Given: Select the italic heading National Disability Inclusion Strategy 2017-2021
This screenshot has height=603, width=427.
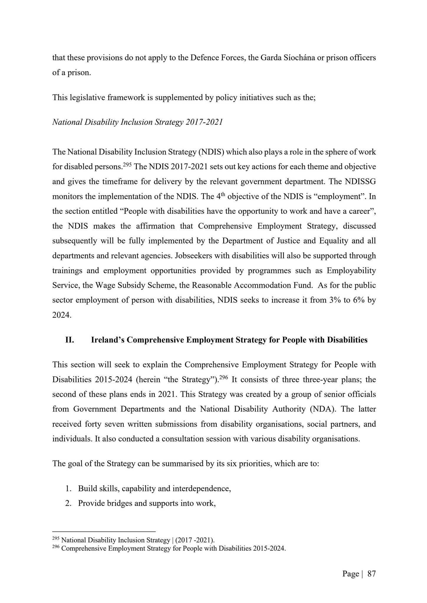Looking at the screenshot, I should point(137,122).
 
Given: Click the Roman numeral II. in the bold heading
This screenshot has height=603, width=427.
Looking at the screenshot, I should point(70,340).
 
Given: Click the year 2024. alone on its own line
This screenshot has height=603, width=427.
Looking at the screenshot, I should point(62,315).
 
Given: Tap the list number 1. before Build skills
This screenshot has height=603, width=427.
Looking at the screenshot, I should point(68,488).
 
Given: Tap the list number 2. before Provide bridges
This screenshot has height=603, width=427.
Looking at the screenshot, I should point(68,503).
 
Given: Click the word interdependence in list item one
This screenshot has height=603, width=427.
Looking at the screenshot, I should point(201,488).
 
